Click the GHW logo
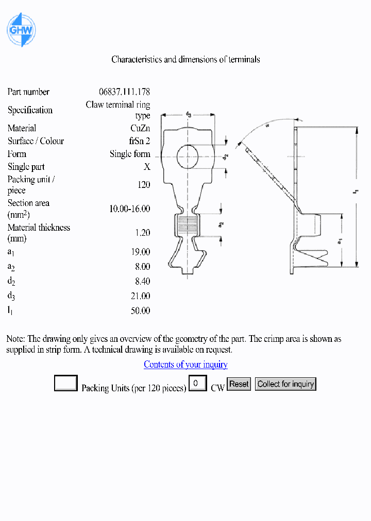tap(21, 30)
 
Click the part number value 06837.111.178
tap(124, 92)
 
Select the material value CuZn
tap(140, 128)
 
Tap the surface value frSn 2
tap(139, 141)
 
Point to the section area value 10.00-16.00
tap(129, 209)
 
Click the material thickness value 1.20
tap(142, 233)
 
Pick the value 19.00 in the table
tap(140, 252)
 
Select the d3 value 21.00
tap(140, 296)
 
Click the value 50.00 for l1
tap(140, 311)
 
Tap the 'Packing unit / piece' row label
tap(31, 185)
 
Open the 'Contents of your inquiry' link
tap(185, 364)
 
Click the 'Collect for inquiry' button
tap(285, 384)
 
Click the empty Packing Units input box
tap(66, 384)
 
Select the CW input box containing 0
tap(197, 384)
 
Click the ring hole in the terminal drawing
tap(189, 156)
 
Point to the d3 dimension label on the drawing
tap(189, 115)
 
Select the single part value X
tap(147, 167)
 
